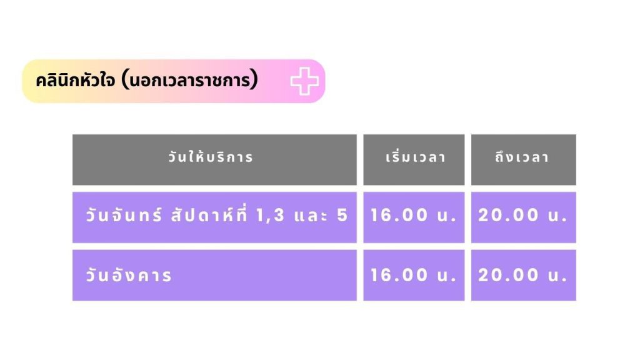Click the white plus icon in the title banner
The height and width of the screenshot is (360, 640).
pos(304,81)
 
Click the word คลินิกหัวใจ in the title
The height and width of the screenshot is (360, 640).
pos(75,80)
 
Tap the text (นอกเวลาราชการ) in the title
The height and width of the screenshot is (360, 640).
pos(190,80)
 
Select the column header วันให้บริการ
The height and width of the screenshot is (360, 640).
pos(211,157)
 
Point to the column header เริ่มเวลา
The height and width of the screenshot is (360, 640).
pos(416,157)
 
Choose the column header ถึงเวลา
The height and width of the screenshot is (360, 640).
pos(522,157)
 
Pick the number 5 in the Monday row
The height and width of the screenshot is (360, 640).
pos(342,215)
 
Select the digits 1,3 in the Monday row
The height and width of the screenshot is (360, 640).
pos(270,216)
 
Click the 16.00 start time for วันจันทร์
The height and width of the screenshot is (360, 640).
pos(399,215)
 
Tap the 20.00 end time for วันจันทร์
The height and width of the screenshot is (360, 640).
pos(509,215)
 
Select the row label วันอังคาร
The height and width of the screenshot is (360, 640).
pos(129,275)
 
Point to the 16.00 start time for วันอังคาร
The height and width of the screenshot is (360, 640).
pos(399,275)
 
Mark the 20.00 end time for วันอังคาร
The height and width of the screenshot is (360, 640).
pos(509,275)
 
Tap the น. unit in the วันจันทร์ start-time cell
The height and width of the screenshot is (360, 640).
pos(446,216)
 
